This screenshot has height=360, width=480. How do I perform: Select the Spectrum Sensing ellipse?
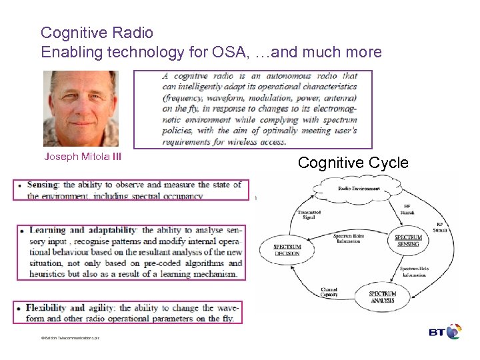(407, 241)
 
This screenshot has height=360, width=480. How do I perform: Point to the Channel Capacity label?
(329, 292)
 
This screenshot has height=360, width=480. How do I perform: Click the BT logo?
(444, 331)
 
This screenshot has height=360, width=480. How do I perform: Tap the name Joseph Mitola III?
(83, 157)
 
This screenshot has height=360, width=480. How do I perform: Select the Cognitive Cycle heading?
(353, 162)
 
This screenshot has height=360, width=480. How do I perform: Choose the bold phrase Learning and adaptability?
(83, 230)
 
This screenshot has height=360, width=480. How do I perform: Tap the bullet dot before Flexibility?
(19, 309)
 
